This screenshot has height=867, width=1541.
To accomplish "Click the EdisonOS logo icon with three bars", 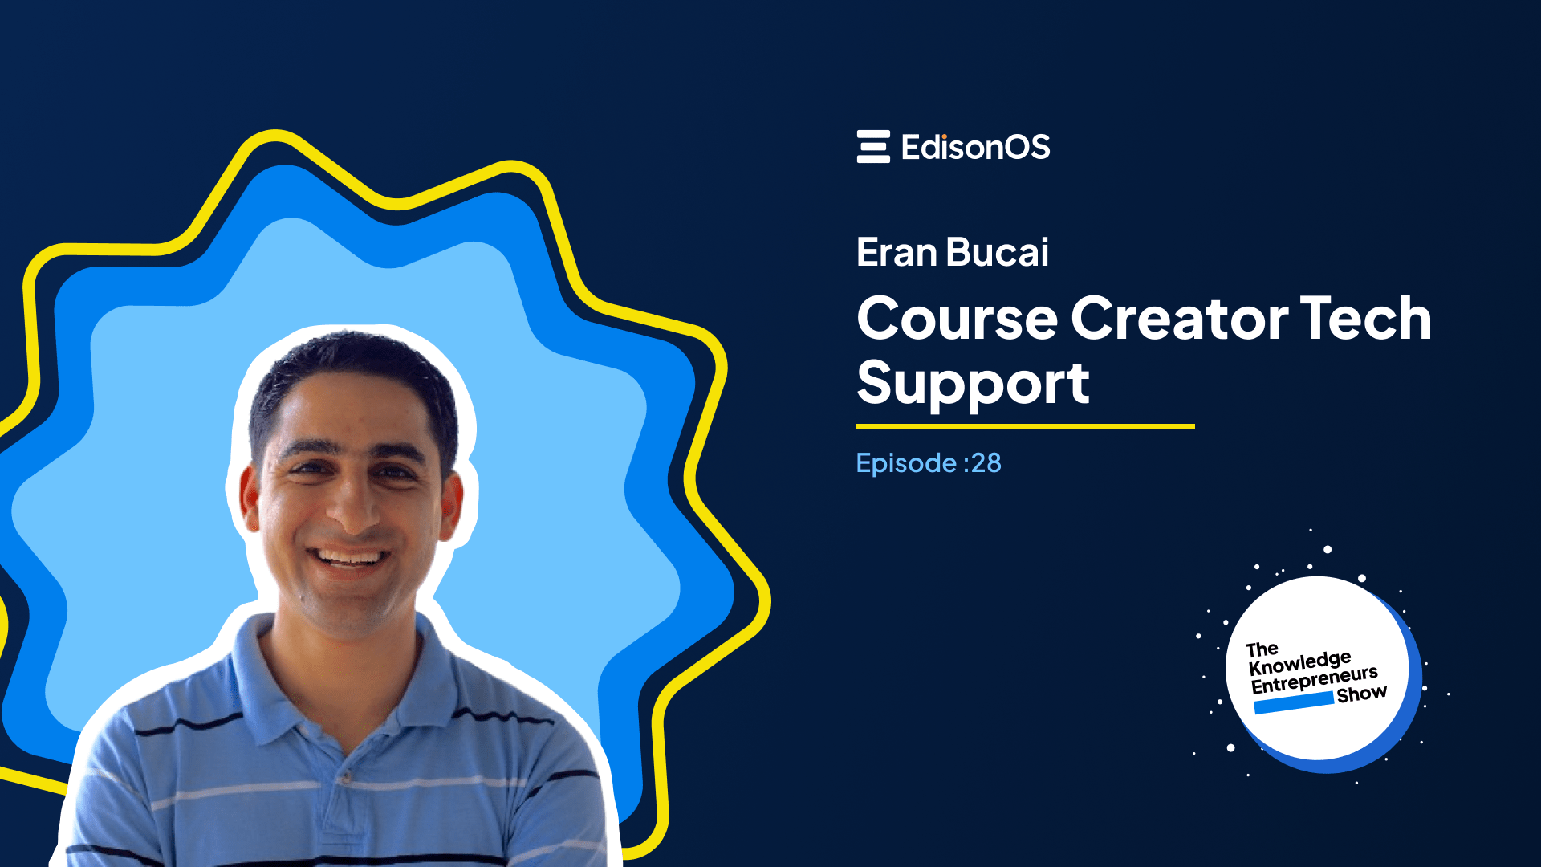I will (x=873, y=147).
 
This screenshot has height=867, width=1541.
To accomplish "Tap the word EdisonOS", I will (x=975, y=147).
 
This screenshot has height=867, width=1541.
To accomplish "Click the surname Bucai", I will (x=998, y=253).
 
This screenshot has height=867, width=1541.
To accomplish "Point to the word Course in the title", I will (x=958, y=319).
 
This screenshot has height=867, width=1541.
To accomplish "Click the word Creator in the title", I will (x=1180, y=319).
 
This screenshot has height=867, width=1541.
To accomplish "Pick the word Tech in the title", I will (x=1365, y=319).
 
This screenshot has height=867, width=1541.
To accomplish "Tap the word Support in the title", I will (x=973, y=385).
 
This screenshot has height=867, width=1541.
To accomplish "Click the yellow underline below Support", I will (x=1025, y=426).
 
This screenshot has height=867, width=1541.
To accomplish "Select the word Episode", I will (x=906, y=463).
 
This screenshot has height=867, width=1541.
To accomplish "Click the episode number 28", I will (x=986, y=463).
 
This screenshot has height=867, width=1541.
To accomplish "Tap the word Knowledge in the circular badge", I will (x=1299, y=663).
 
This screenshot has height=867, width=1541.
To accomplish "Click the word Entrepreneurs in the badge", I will (x=1314, y=679).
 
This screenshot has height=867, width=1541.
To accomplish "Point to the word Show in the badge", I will (x=1361, y=694).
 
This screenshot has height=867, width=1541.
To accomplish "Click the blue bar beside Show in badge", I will (x=1293, y=703).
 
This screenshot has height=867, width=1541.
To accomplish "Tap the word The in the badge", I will (x=1262, y=649).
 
